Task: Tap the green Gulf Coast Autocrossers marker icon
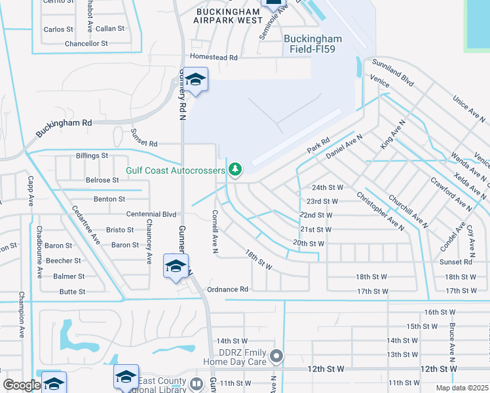(x=235, y=170)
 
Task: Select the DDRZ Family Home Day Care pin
(x=276, y=356)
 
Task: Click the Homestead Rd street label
(x=214, y=58)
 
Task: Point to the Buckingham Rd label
(x=64, y=128)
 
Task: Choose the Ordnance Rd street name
(x=227, y=289)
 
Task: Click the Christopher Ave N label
(x=379, y=211)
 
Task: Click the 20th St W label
(x=309, y=244)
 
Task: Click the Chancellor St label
(x=86, y=44)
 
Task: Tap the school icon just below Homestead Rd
(x=195, y=80)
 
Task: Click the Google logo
(x=22, y=385)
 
